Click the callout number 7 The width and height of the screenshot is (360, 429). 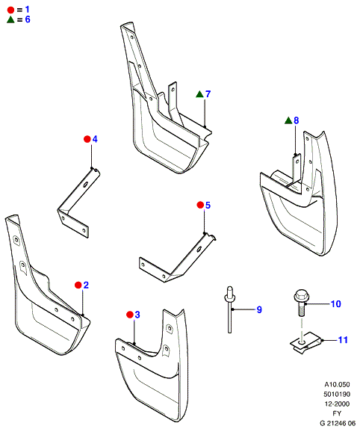[x=208, y=94]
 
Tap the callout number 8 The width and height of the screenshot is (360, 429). [x=297, y=120]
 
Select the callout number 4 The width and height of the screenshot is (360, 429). [x=95, y=139]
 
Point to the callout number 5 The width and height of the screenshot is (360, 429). [x=208, y=205]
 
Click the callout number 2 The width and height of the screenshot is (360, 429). [x=86, y=285]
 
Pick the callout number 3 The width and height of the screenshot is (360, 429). [x=137, y=315]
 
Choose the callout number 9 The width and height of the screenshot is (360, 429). [x=259, y=309]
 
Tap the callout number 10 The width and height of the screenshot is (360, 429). [x=336, y=303]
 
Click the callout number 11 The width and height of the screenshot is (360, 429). [x=343, y=340]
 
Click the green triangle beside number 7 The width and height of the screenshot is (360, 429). [x=200, y=94]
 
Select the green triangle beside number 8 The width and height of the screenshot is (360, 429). [x=288, y=120]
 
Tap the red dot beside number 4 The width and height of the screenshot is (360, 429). [x=87, y=139]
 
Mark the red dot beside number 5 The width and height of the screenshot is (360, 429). [x=200, y=205]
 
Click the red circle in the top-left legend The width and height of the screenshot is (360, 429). [x=10, y=10]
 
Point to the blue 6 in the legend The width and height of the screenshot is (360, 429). [x=28, y=19]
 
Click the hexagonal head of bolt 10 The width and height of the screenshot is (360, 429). [x=300, y=295]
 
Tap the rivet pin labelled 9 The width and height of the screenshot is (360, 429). [x=229, y=309]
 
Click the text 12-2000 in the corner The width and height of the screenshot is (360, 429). [x=337, y=404]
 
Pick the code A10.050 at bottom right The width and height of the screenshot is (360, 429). [x=337, y=385]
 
